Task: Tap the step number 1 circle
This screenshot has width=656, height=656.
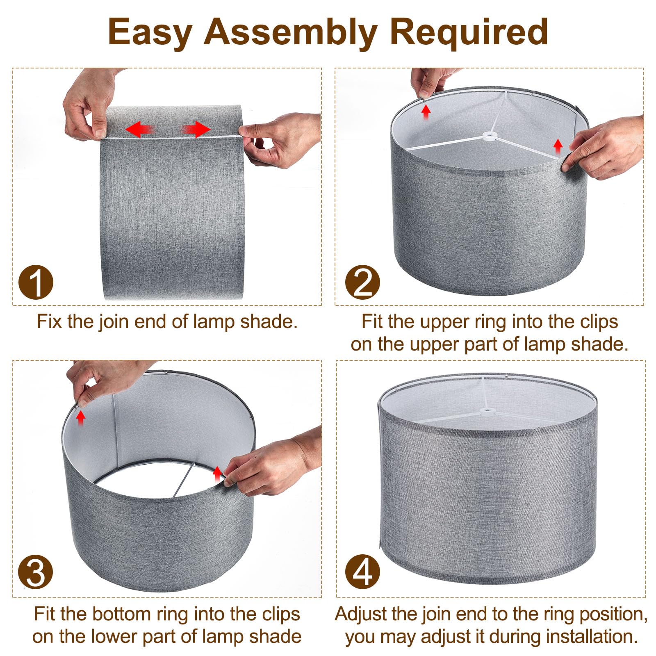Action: [36, 282]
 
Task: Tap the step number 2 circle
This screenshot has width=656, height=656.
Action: [362, 282]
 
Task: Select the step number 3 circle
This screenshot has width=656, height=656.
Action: [36, 571]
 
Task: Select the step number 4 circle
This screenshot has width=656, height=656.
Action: [362, 571]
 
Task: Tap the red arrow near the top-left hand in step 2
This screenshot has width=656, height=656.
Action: [426, 112]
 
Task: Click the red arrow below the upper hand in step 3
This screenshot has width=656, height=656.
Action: [81, 418]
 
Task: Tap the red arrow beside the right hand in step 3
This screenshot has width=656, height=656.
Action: [217, 473]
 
